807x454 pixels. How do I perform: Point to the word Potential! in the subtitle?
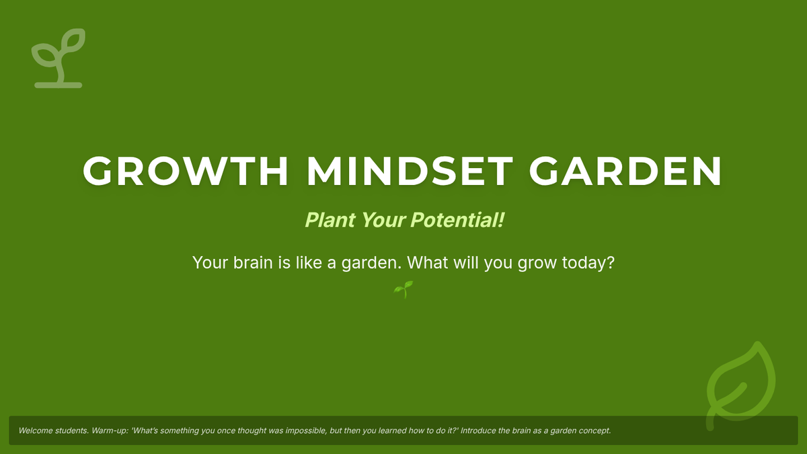coord(457,220)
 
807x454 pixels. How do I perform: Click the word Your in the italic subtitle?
coord(383,220)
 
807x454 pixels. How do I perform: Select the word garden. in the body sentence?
coord(371,264)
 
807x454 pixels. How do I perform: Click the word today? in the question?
coord(588,264)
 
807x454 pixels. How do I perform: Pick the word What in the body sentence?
coord(428,262)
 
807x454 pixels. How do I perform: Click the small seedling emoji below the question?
coord(403,290)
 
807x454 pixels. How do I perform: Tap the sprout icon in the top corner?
coord(59,59)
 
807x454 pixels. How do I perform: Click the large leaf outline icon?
coord(740,385)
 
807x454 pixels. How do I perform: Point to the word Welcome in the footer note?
coord(35,430)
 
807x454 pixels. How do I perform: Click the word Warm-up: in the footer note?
coord(110,431)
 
